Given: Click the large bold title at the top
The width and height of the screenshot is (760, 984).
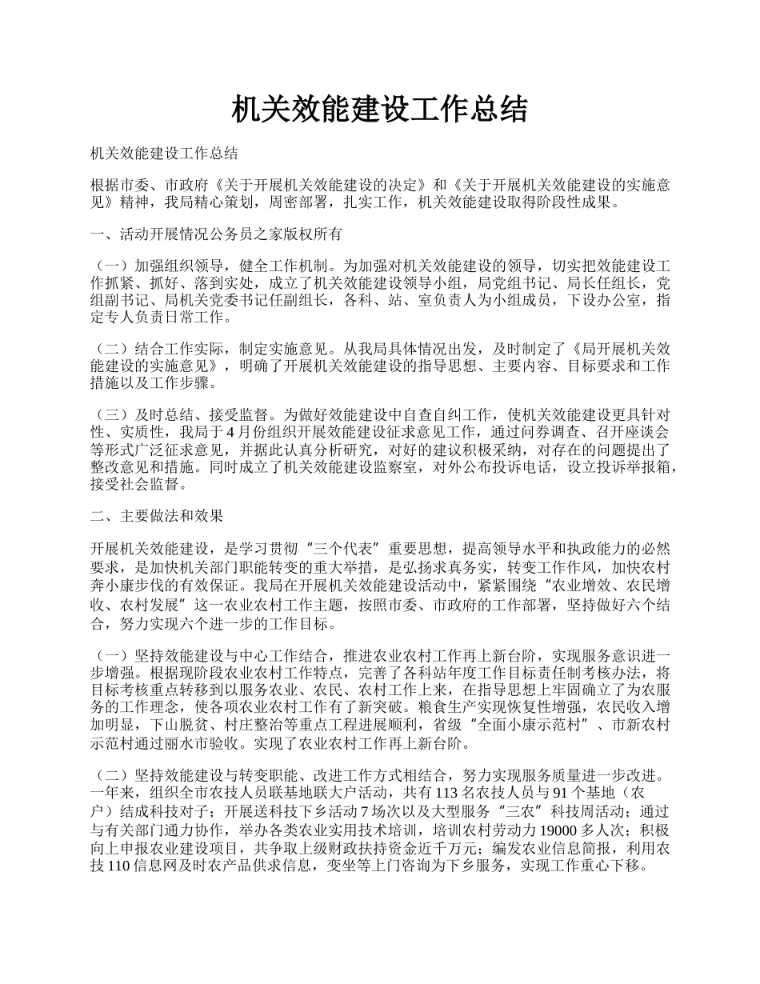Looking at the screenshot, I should point(379,110).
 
